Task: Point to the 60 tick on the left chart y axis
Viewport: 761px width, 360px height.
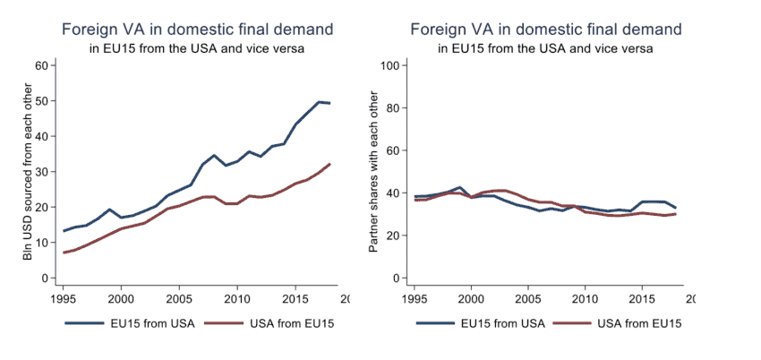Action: (40, 65)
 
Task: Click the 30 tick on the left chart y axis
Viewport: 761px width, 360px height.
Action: (40, 172)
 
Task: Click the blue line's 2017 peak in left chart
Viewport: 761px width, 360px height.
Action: (319, 102)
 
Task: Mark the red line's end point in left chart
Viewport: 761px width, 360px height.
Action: (330, 164)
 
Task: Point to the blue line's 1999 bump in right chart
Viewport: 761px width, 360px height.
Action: (459, 187)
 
